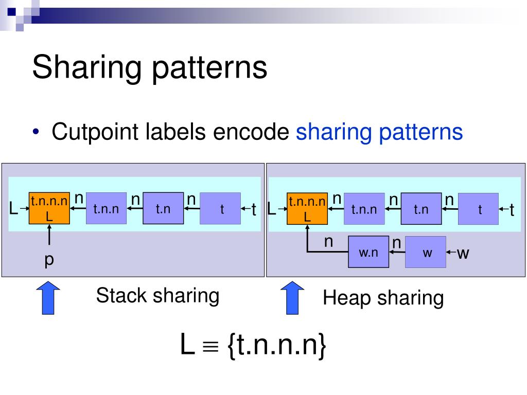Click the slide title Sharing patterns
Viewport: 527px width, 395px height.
point(150,68)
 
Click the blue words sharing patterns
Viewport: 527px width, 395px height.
point(379,132)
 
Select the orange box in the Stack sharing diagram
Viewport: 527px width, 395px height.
point(49,209)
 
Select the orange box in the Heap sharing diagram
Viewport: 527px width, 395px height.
point(307,209)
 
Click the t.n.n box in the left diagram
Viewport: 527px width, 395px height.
point(106,209)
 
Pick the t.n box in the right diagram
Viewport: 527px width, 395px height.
point(421,209)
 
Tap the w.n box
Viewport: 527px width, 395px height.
point(368,252)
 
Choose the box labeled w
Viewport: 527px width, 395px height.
point(426,252)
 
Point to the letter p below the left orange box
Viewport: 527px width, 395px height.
point(49,260)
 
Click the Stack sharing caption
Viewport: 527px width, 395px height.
point(157,296)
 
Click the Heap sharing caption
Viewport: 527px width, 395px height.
point(383,298)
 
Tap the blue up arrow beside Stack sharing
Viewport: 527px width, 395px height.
point(49,298)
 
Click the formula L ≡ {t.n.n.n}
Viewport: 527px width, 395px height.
point(253,345)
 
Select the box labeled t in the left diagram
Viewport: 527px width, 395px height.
point(220,209)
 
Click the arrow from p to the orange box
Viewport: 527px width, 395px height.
point(49,235)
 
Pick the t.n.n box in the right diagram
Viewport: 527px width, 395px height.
point(364,209)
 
